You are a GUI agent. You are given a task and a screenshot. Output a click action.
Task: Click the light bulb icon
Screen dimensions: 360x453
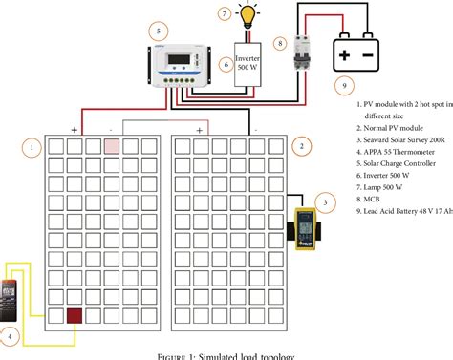pyautogui.click(x=248, y=16)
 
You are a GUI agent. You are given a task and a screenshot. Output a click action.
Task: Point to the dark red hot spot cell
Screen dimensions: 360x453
pyautogui.click(x=74, y=316)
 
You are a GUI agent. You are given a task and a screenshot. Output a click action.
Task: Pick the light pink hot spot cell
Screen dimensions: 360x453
pyautogui.click(x=111, y=145)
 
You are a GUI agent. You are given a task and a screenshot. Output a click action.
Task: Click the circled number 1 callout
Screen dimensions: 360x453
pyautogui.click(x=32, y=147)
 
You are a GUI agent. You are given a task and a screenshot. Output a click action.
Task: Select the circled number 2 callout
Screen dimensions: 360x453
pyautogui.click(x=301, y=146)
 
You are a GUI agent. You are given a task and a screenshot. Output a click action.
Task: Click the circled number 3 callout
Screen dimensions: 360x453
pyautogui.click(x=326, y=201)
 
